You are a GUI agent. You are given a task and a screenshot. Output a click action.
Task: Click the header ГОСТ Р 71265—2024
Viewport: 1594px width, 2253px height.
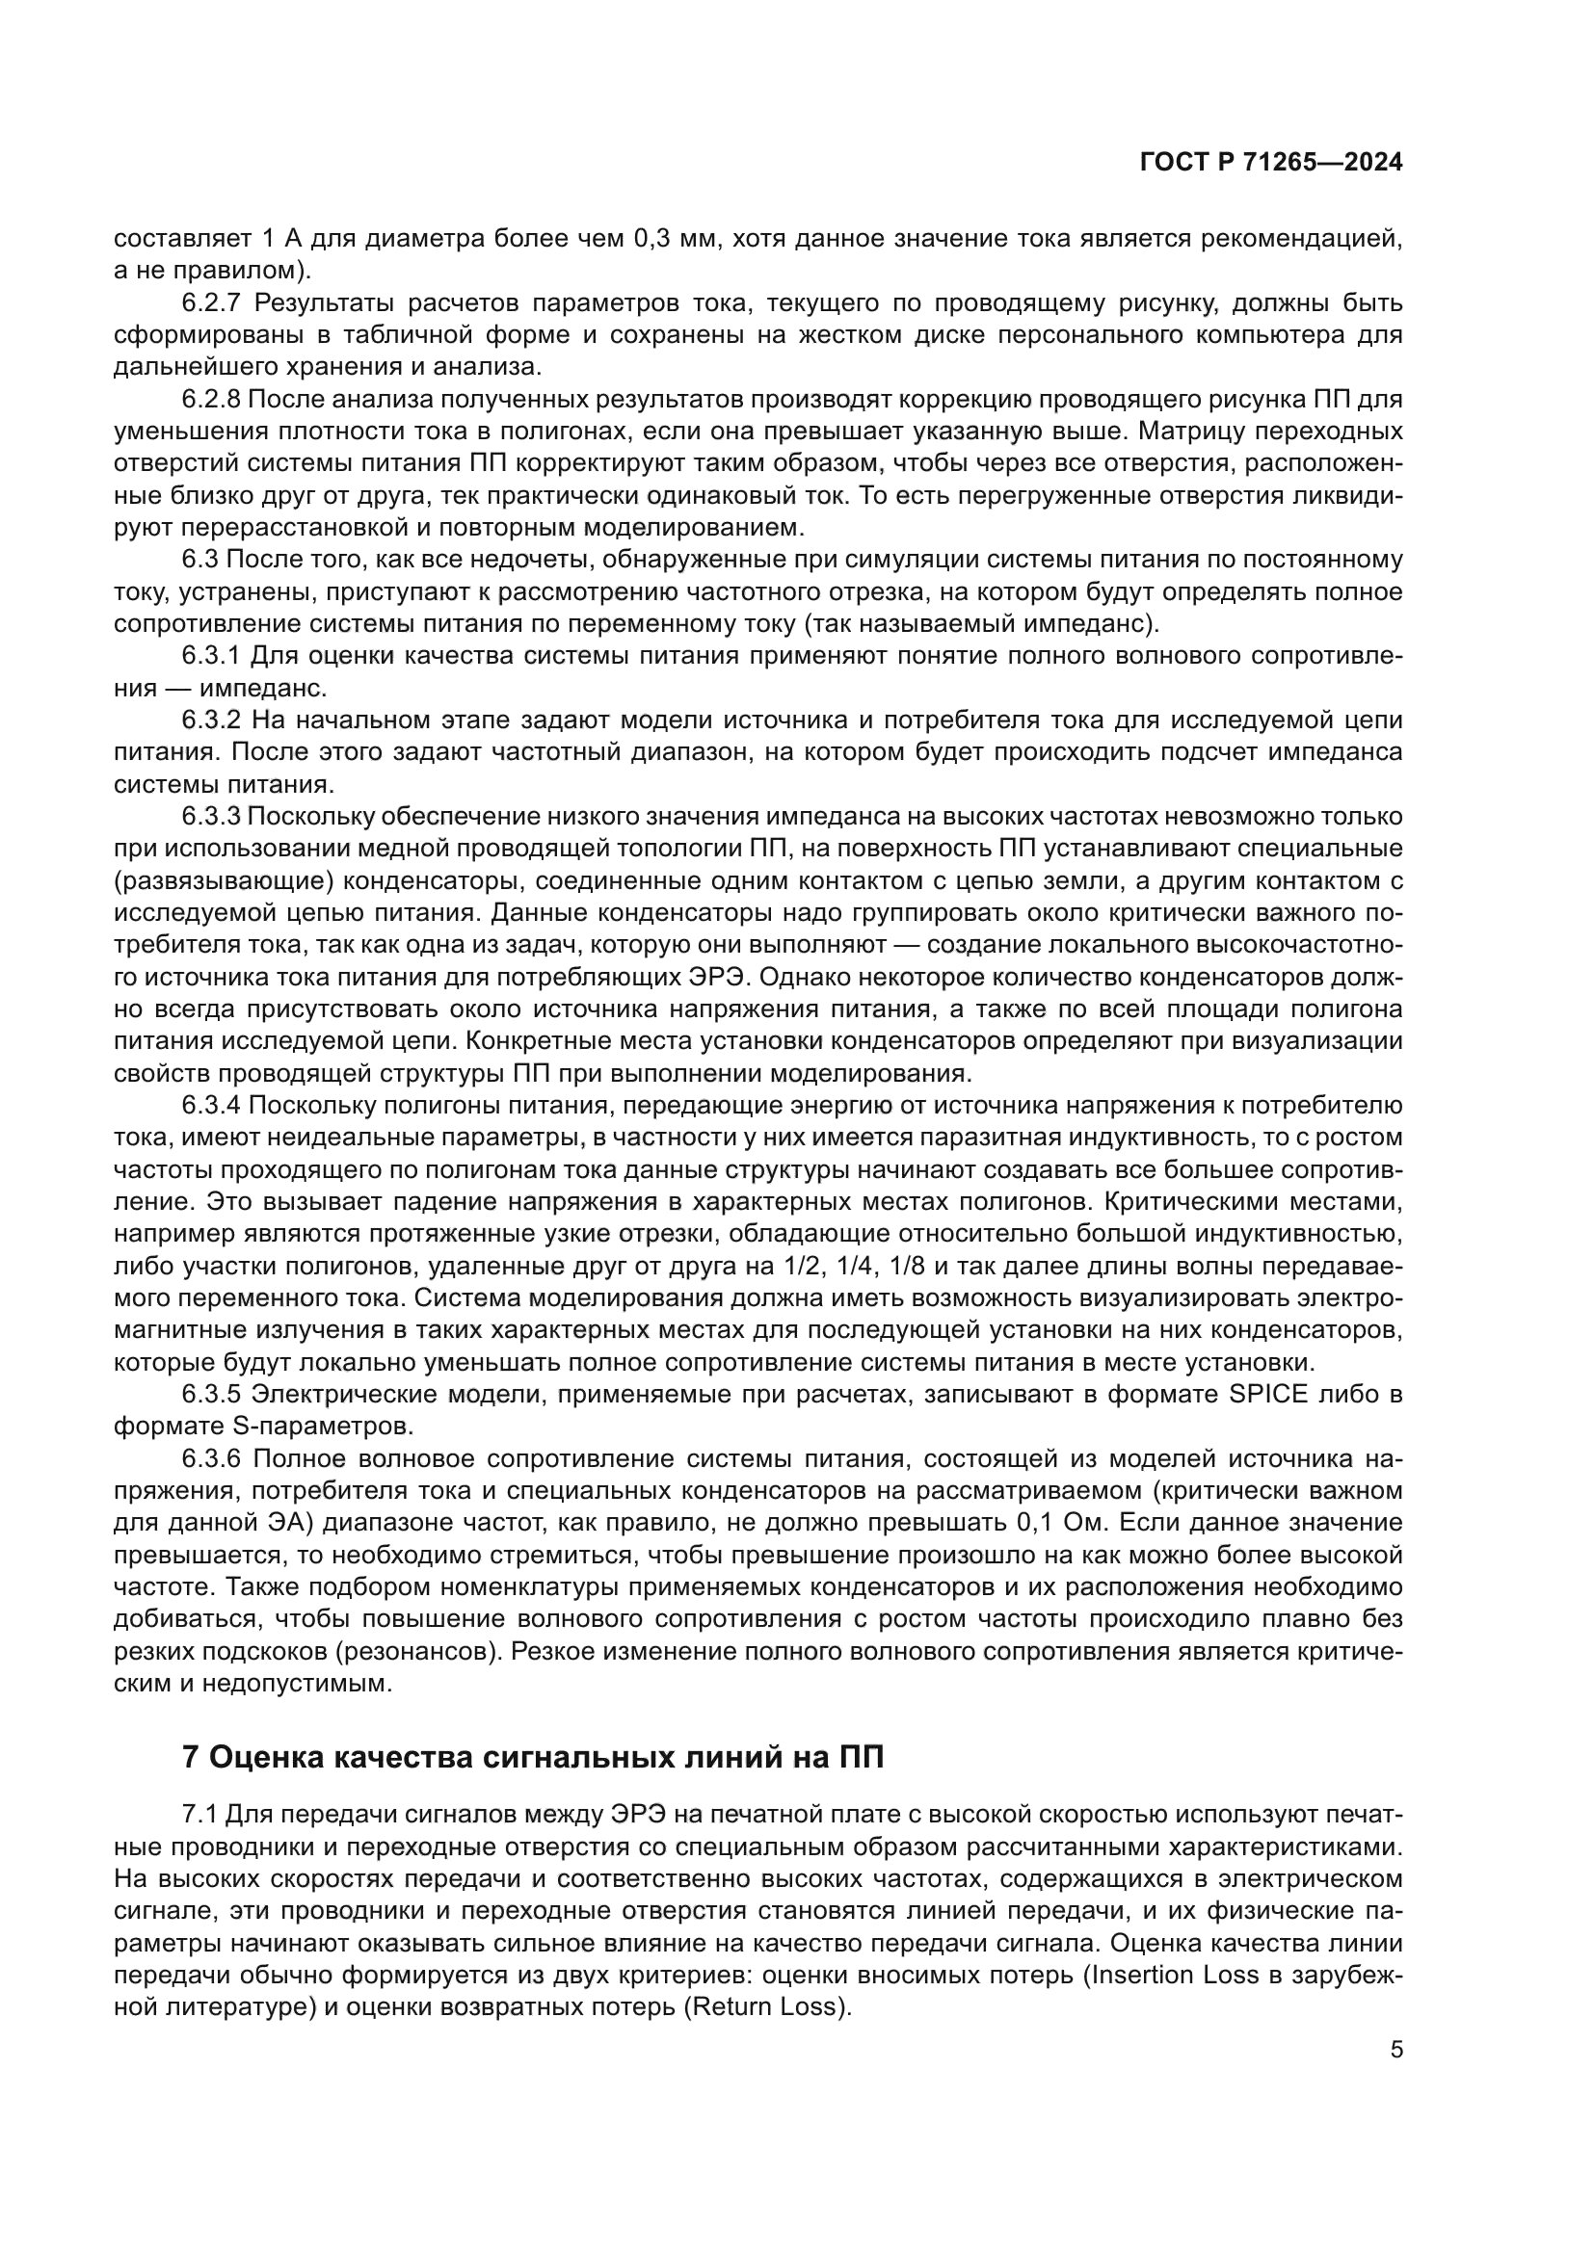pos(1271,163)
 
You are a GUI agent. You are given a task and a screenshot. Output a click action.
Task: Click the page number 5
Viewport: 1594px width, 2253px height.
pos(1396,2050)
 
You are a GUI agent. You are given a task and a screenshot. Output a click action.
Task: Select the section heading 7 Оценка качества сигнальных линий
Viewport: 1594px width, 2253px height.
pos(533,1758)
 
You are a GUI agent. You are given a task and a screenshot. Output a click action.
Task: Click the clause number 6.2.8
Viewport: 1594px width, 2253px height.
pos(211,400)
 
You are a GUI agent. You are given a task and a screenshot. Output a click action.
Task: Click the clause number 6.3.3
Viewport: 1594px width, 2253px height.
pos(211,817)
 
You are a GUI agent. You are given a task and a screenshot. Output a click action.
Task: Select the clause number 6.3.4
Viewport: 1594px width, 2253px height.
pos(211,1106)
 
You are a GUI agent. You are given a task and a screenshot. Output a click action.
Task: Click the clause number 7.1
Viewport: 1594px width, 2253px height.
pos(200,1817)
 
